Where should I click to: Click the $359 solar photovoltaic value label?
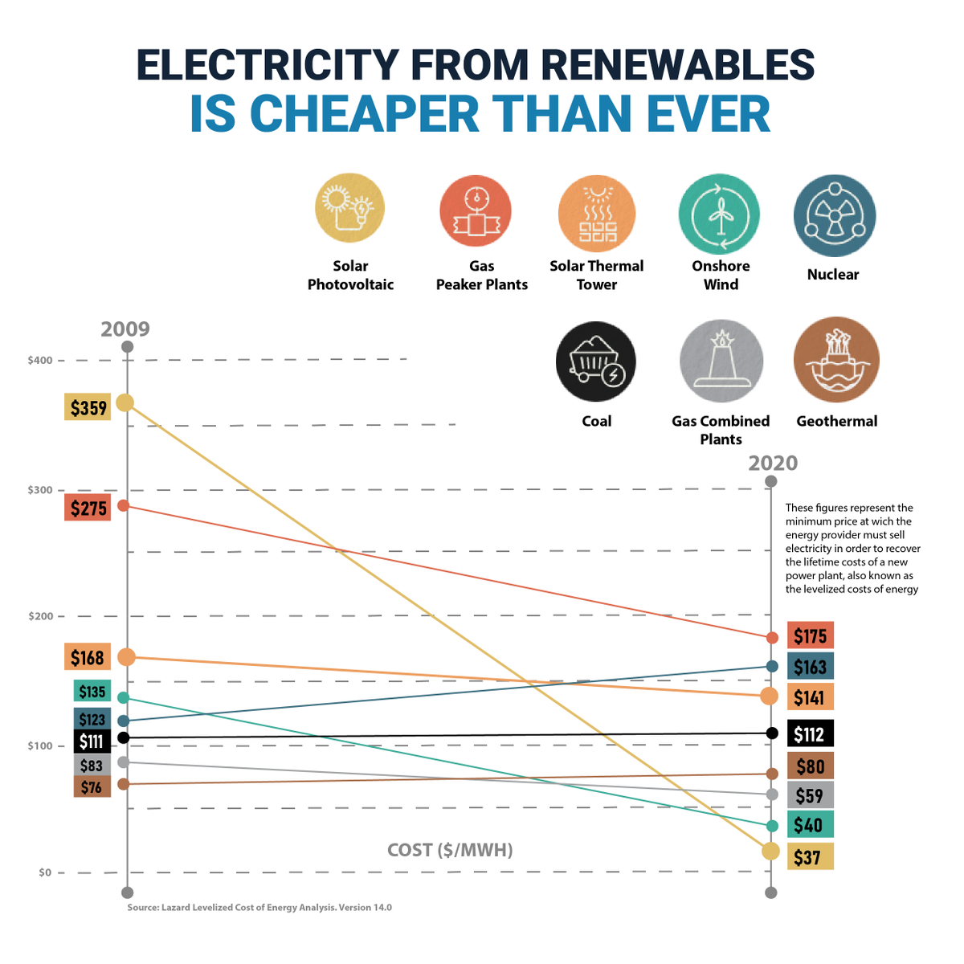coord(88,407)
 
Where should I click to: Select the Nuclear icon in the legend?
coord(834,216)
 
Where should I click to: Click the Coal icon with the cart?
coord(596,362)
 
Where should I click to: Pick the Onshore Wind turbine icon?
coord(719,215)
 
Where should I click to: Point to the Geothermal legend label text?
coord(836,421)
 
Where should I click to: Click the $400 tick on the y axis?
coord(40,360)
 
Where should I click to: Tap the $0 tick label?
coord(45,872)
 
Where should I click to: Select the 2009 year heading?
coord(125,329)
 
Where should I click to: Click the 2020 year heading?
coord(773,464)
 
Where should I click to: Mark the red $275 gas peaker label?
coord(88,508)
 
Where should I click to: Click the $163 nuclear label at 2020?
coord(810,667)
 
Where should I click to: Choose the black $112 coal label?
coord(810,733)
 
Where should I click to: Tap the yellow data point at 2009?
coord(125,402)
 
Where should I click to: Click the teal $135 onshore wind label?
coord(92,691)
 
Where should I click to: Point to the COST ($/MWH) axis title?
coord(450,850)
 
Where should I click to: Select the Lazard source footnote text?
coord(259,908)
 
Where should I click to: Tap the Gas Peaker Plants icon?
coord(476,211)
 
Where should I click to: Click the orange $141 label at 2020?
coord(810,697)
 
